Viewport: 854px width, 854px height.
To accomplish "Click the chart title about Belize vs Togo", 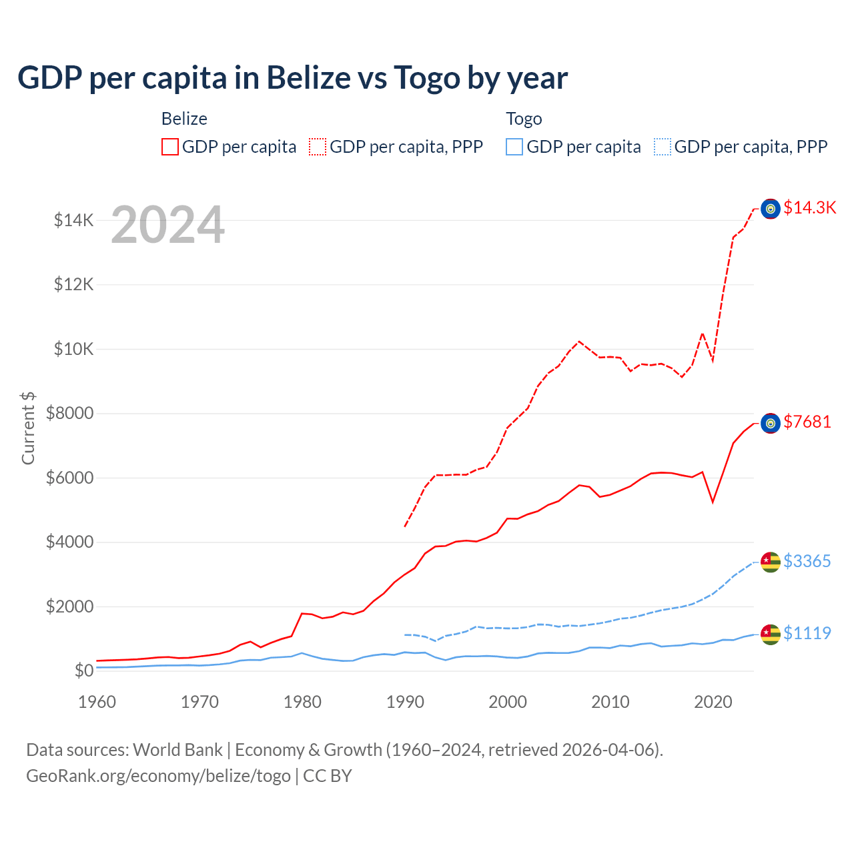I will [292, 78].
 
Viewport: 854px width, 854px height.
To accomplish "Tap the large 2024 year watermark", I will [167, 225].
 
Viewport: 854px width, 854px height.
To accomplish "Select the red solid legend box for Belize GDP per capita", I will [170, 147].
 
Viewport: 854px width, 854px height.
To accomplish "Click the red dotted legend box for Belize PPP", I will [318, 147].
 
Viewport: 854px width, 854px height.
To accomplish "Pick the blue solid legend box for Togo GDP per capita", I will [514, 147].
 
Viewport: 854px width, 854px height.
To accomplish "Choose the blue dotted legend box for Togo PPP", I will [663, 147].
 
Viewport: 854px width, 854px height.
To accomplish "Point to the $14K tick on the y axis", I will [74, 220].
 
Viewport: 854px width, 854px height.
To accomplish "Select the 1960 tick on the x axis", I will [97, 702].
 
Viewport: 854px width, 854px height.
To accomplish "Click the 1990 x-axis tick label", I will [405, 702].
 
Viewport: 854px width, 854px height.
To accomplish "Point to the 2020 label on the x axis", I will [713, 702].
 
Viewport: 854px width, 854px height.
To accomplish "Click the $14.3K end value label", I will [809, 207].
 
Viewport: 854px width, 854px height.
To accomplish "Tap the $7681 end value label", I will [807, 422].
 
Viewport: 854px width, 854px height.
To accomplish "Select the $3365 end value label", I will [807, 561].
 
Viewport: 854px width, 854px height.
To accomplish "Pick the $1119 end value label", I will [807, 633].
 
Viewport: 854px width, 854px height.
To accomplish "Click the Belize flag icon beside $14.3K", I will [771, 209].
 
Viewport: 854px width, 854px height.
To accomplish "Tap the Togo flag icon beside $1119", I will [771, 634].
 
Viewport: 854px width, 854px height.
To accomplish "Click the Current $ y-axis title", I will [28, 428].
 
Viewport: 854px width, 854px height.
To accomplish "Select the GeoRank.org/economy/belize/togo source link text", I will [158, 776].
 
